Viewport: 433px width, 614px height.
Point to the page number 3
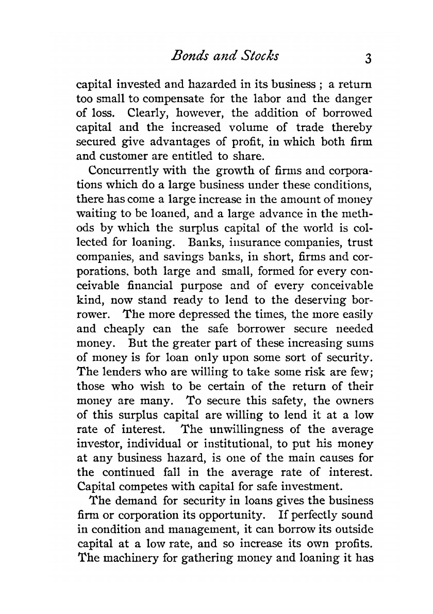point(367,58)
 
